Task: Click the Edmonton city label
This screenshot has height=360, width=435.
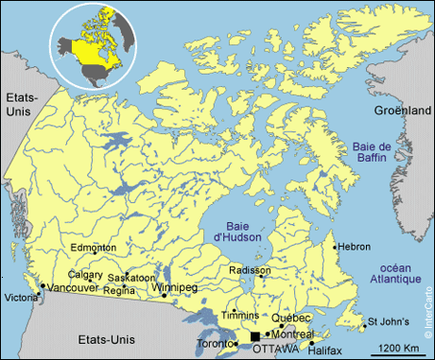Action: [94, 248]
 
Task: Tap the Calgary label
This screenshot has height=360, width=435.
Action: [85, 275]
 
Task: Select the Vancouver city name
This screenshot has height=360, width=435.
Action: [73, 287]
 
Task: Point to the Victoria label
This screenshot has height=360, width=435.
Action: [22, 299]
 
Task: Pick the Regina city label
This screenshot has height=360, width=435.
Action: [119, 289]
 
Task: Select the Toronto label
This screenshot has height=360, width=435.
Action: [214, 344]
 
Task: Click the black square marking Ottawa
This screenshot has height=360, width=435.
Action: [254, 336]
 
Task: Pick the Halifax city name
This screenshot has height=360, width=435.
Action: [324, 350]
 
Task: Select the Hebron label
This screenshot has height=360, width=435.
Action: [355, 247]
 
